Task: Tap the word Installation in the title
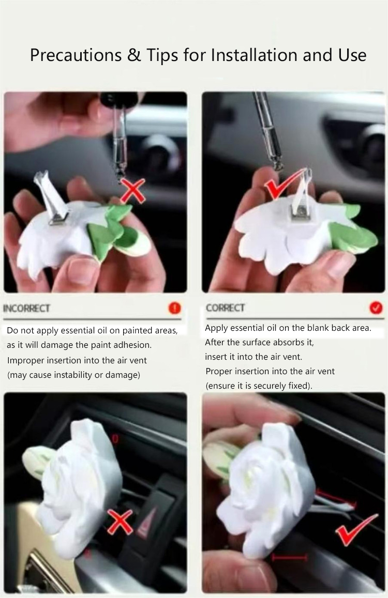255,55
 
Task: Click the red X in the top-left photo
133,191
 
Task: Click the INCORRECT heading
27,308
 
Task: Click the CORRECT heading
226,308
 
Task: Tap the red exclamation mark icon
174,308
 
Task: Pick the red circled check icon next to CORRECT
376,308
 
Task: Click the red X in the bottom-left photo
120,522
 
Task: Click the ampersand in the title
133,55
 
